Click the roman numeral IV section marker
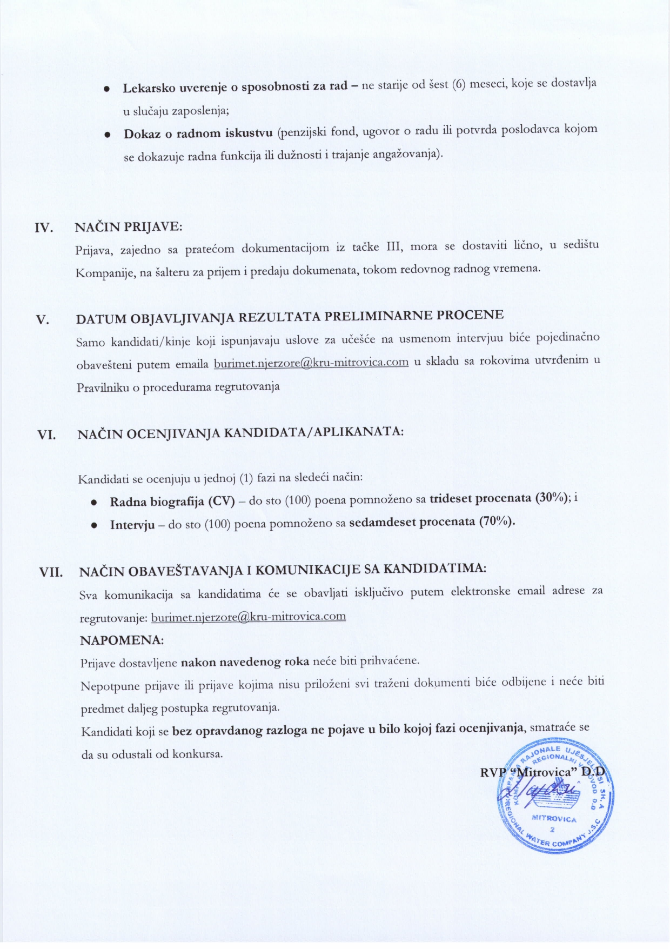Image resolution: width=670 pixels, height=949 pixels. click(44, 228)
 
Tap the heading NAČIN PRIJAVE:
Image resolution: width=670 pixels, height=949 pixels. click(128, 226)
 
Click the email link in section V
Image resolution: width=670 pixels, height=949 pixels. click(311, 362)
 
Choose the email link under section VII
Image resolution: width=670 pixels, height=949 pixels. click(249, 617)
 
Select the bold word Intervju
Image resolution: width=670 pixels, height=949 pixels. click(132, 524)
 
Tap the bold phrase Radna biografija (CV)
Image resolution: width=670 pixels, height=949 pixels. click(172, 501)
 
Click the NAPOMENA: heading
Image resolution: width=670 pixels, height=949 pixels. click(122, 640)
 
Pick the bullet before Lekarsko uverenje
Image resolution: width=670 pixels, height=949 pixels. click(108, 89)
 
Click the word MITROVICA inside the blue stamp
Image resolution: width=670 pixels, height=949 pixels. click(554, 819)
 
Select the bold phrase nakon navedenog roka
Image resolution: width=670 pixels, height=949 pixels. click(245, 661)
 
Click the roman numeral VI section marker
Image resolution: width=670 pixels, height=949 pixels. click(47, 435)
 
